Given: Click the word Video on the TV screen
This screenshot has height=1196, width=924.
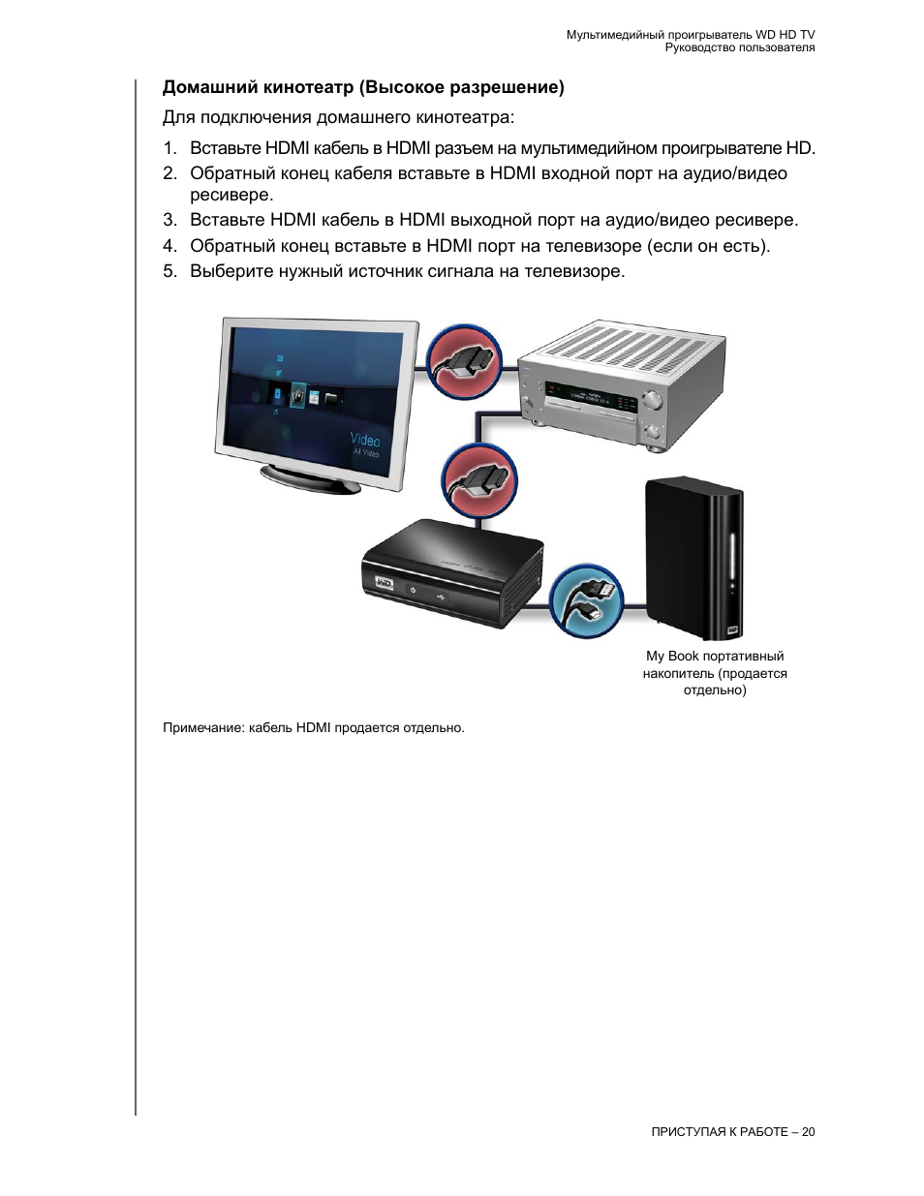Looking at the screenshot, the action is point(365,440).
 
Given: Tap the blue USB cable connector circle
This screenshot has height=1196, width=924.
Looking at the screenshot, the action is point(587,599).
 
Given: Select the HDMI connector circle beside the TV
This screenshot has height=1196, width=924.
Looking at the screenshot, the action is point(465,360).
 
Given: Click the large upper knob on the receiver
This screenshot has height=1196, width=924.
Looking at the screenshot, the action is point(653,398).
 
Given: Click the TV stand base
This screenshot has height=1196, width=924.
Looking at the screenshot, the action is point(310,478).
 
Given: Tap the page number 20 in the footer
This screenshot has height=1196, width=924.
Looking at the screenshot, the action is point(808,1132).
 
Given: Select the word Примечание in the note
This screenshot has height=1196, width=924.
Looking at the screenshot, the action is point(203,727).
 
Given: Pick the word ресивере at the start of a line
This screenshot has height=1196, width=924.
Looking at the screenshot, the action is point(231,195).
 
